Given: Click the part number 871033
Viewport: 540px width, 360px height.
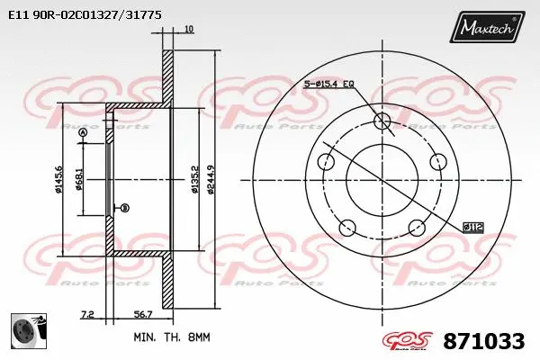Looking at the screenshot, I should coord(483,341).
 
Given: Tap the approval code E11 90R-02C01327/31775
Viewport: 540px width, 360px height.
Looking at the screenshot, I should coord(85,15).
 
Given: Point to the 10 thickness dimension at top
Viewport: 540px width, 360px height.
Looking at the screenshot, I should coord(187,30).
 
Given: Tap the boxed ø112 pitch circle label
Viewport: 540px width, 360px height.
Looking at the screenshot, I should coord(473,227).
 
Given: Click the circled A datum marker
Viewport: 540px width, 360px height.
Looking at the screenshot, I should coord(84,133).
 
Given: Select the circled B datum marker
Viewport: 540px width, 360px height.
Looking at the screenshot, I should coord(124,208).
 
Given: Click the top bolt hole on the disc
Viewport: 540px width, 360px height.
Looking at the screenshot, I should coord(382,121).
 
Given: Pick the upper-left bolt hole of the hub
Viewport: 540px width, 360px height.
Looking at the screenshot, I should coord(326,163).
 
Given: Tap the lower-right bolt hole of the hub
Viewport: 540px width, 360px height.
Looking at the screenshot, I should coord(417,228).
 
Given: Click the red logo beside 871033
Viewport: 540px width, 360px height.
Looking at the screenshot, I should coord(408,341).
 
